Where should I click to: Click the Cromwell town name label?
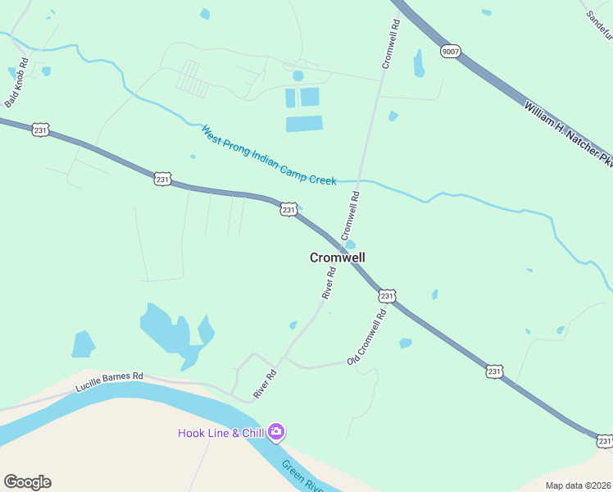337,257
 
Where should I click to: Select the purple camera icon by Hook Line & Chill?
276,431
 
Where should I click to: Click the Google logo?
27,482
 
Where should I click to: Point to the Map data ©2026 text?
579,485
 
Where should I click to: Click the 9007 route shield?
450,51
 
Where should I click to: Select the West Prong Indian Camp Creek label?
269,155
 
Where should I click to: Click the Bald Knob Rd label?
16,82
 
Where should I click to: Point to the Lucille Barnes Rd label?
109,381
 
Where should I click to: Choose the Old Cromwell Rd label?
366,338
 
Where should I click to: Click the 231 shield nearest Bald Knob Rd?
42,129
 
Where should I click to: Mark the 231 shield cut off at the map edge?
605,441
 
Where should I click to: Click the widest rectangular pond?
304,124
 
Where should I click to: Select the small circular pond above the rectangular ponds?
297,76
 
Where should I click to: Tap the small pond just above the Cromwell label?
350,244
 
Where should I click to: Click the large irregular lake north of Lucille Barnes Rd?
168,328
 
